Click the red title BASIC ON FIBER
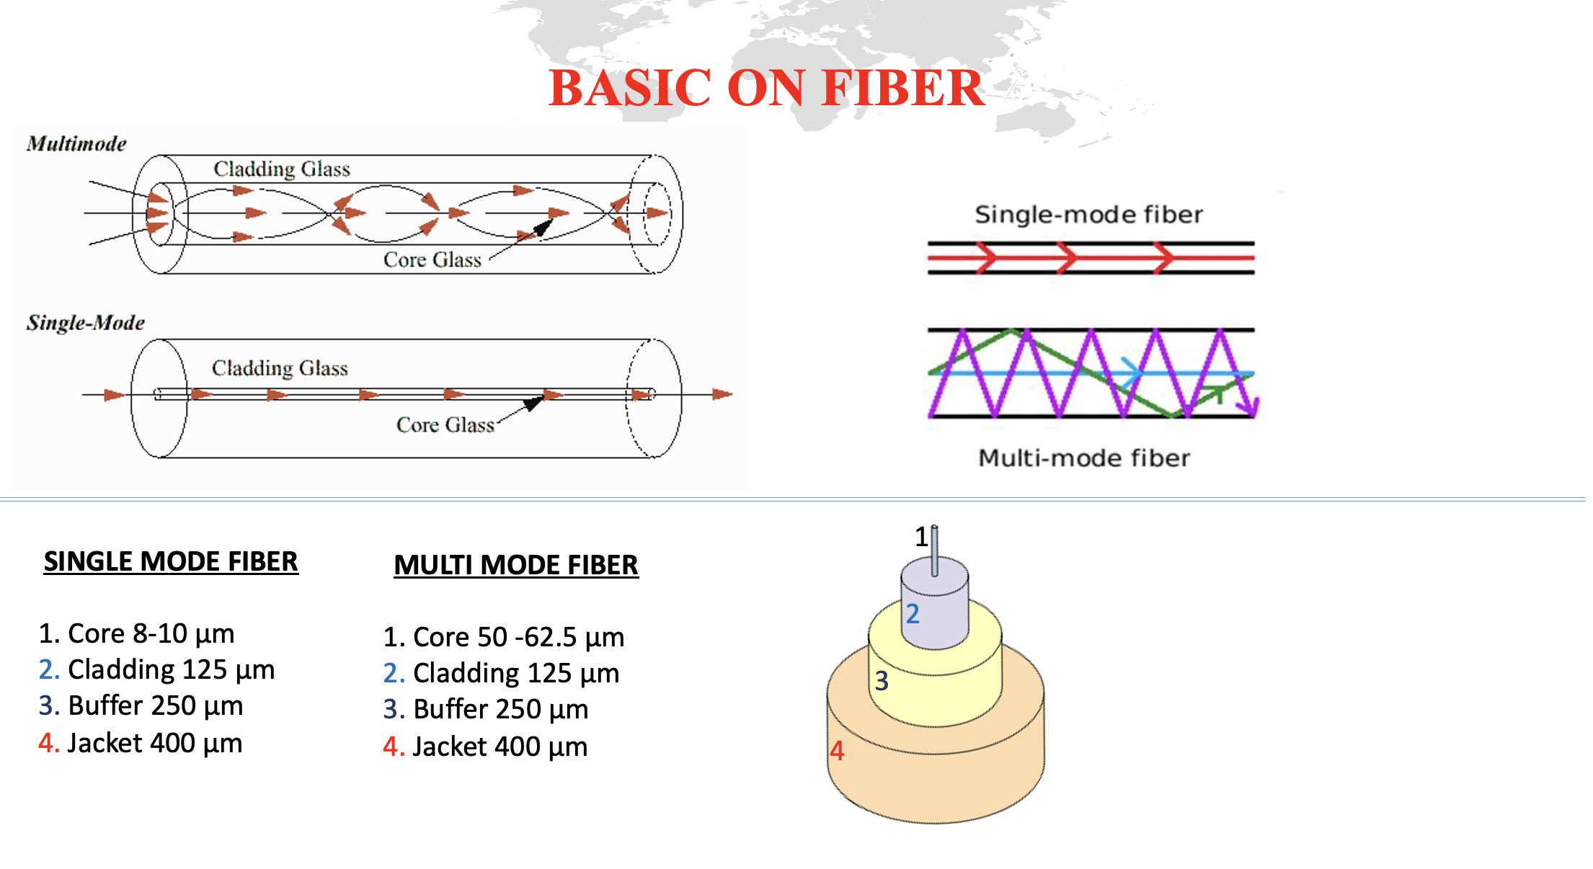[x=766, y=88]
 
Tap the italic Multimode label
[x=76, y=144]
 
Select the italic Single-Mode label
[x=85, y=323]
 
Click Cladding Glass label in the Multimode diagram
[x=281, y=169]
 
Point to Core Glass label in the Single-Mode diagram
[x=445, y=425]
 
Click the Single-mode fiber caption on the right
[x=1088, y=215]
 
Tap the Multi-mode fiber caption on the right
[x=1083, y=458]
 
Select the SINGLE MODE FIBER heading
[x=171, y=562]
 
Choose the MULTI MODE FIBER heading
[x=515, y=566]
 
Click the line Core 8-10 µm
[x=137, y=634]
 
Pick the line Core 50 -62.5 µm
[x=504, y=638]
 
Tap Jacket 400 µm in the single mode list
[x=141, y=744]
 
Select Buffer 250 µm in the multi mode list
[x=486, y=710]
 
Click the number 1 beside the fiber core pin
[x=920, y=537]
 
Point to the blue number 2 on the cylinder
[x=913, y=614]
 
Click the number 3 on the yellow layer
[x=882, y=681]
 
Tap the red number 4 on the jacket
[x=837, y=751]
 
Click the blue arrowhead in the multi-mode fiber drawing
[x=1132, y=373]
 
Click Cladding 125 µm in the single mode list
[x=157, y=670]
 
